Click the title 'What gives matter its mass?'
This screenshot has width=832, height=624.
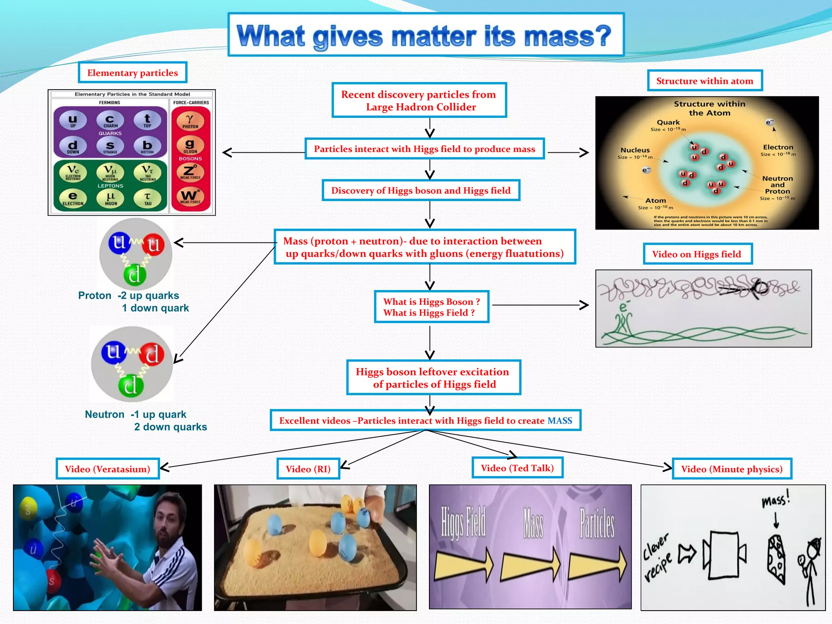[x=425, y=36]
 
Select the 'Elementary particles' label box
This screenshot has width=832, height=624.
[x=132, y=73]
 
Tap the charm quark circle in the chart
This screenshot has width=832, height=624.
[x=110, y=120]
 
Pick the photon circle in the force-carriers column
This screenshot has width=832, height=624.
[x=190, y=121]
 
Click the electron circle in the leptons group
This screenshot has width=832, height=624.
[x=73, y=198]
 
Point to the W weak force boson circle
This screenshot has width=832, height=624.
[x=190, y=197]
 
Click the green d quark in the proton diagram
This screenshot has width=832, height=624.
[x=134, y=275]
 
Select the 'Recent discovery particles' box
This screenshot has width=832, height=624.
[x=419, y=100]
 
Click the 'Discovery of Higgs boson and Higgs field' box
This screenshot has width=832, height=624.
[x=421, y=191]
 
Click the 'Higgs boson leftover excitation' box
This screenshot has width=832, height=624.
[x=433, y=378]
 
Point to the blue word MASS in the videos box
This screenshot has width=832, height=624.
[x=559, y=421]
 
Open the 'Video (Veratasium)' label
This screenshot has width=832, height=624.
[x=108, y=469]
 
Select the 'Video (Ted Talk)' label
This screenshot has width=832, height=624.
[x=517, y=468]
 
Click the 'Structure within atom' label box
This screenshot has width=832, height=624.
[x=704, y=81]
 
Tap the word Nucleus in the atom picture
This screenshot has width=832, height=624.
[x=635, y=150]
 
